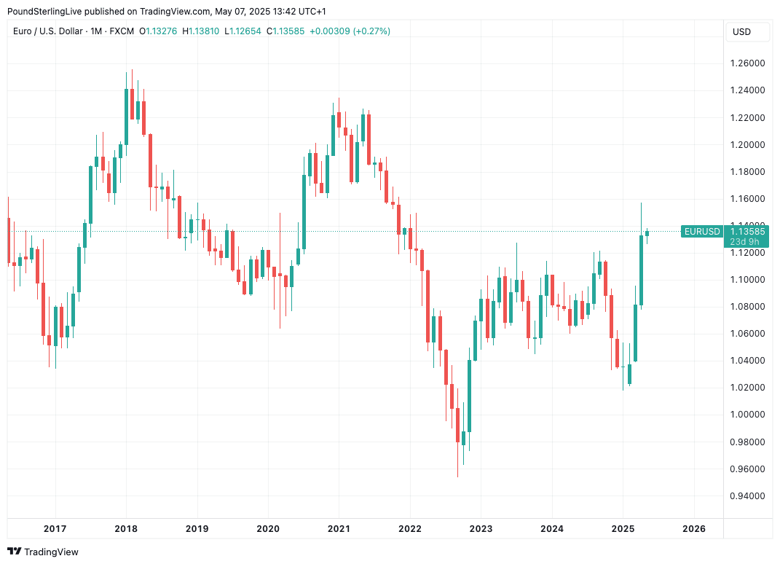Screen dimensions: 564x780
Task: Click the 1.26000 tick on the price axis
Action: pos(747,63)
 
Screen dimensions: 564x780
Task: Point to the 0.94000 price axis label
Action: pos(747,496)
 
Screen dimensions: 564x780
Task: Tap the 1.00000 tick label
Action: pos(747,415)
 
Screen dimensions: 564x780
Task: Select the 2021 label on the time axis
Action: pos(339,529)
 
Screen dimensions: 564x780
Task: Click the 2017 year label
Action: pos(55,529)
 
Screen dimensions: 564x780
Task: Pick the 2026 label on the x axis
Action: pos(694,529)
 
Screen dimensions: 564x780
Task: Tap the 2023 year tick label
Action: pos(481,529)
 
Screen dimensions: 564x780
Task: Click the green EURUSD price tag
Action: pos(702,232)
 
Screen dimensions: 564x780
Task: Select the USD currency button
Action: pos(741,32)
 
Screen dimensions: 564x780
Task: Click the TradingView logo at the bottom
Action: pos(43,552)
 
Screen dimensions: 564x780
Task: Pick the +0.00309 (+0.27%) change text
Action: pos(350,31)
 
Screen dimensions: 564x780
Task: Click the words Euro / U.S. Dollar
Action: pos(47,31)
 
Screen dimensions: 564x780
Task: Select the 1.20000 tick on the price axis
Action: pos(747,144)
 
